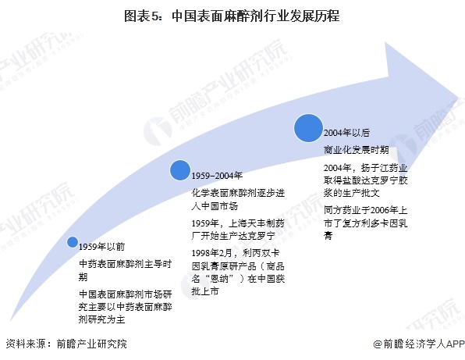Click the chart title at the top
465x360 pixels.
(232, 16)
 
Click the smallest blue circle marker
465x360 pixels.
(73, 242)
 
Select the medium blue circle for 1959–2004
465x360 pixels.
(180, 170)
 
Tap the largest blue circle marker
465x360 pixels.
(308, 128)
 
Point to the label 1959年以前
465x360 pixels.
(101, 247)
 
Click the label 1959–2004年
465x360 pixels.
(217, 176)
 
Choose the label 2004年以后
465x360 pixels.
(346, 133)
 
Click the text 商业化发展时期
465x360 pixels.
(357, 150)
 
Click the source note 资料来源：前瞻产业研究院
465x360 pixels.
(66, 344)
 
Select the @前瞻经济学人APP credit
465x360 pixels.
(419, 344)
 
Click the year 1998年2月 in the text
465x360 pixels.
(211, 253)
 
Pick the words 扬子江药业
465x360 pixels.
(385, 168)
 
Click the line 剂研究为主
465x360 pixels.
(101, 319)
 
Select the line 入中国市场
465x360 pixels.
(215, 206)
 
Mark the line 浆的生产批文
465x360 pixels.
(352, 193)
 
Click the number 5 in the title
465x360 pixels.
(155, 16)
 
